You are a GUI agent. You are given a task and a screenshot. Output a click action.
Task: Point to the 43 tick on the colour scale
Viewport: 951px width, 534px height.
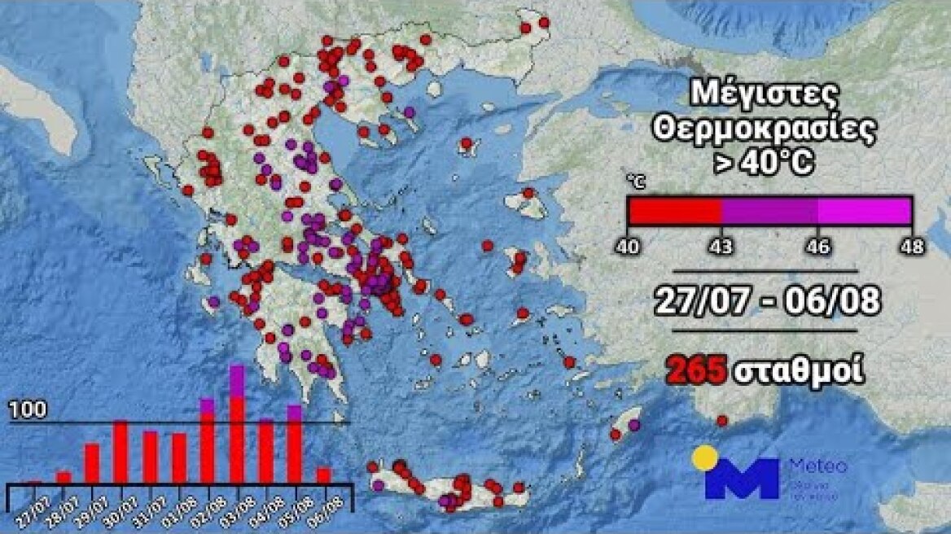point(721,244)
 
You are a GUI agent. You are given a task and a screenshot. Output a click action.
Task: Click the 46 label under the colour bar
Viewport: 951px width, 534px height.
point(817,244)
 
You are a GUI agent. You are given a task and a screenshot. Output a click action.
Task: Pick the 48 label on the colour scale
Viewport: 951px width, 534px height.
point(912,244)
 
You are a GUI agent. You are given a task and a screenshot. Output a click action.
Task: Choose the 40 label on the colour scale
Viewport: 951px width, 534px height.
point(629,244)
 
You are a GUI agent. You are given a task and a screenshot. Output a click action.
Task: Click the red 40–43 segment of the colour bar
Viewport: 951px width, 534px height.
point(675,210)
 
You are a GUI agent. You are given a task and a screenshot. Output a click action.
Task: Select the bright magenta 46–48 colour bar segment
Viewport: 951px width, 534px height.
point(864,210)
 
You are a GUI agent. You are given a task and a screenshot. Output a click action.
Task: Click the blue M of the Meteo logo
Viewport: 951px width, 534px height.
point(741,479)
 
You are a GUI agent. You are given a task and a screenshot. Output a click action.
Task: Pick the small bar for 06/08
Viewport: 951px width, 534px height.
point(323,475)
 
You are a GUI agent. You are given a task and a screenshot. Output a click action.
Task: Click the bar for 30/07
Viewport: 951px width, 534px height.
point(121,452)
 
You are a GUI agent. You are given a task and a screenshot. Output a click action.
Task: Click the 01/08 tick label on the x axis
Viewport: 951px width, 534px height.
point(179,497)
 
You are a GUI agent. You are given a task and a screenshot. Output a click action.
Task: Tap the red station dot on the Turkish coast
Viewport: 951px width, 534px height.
point(721,421)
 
